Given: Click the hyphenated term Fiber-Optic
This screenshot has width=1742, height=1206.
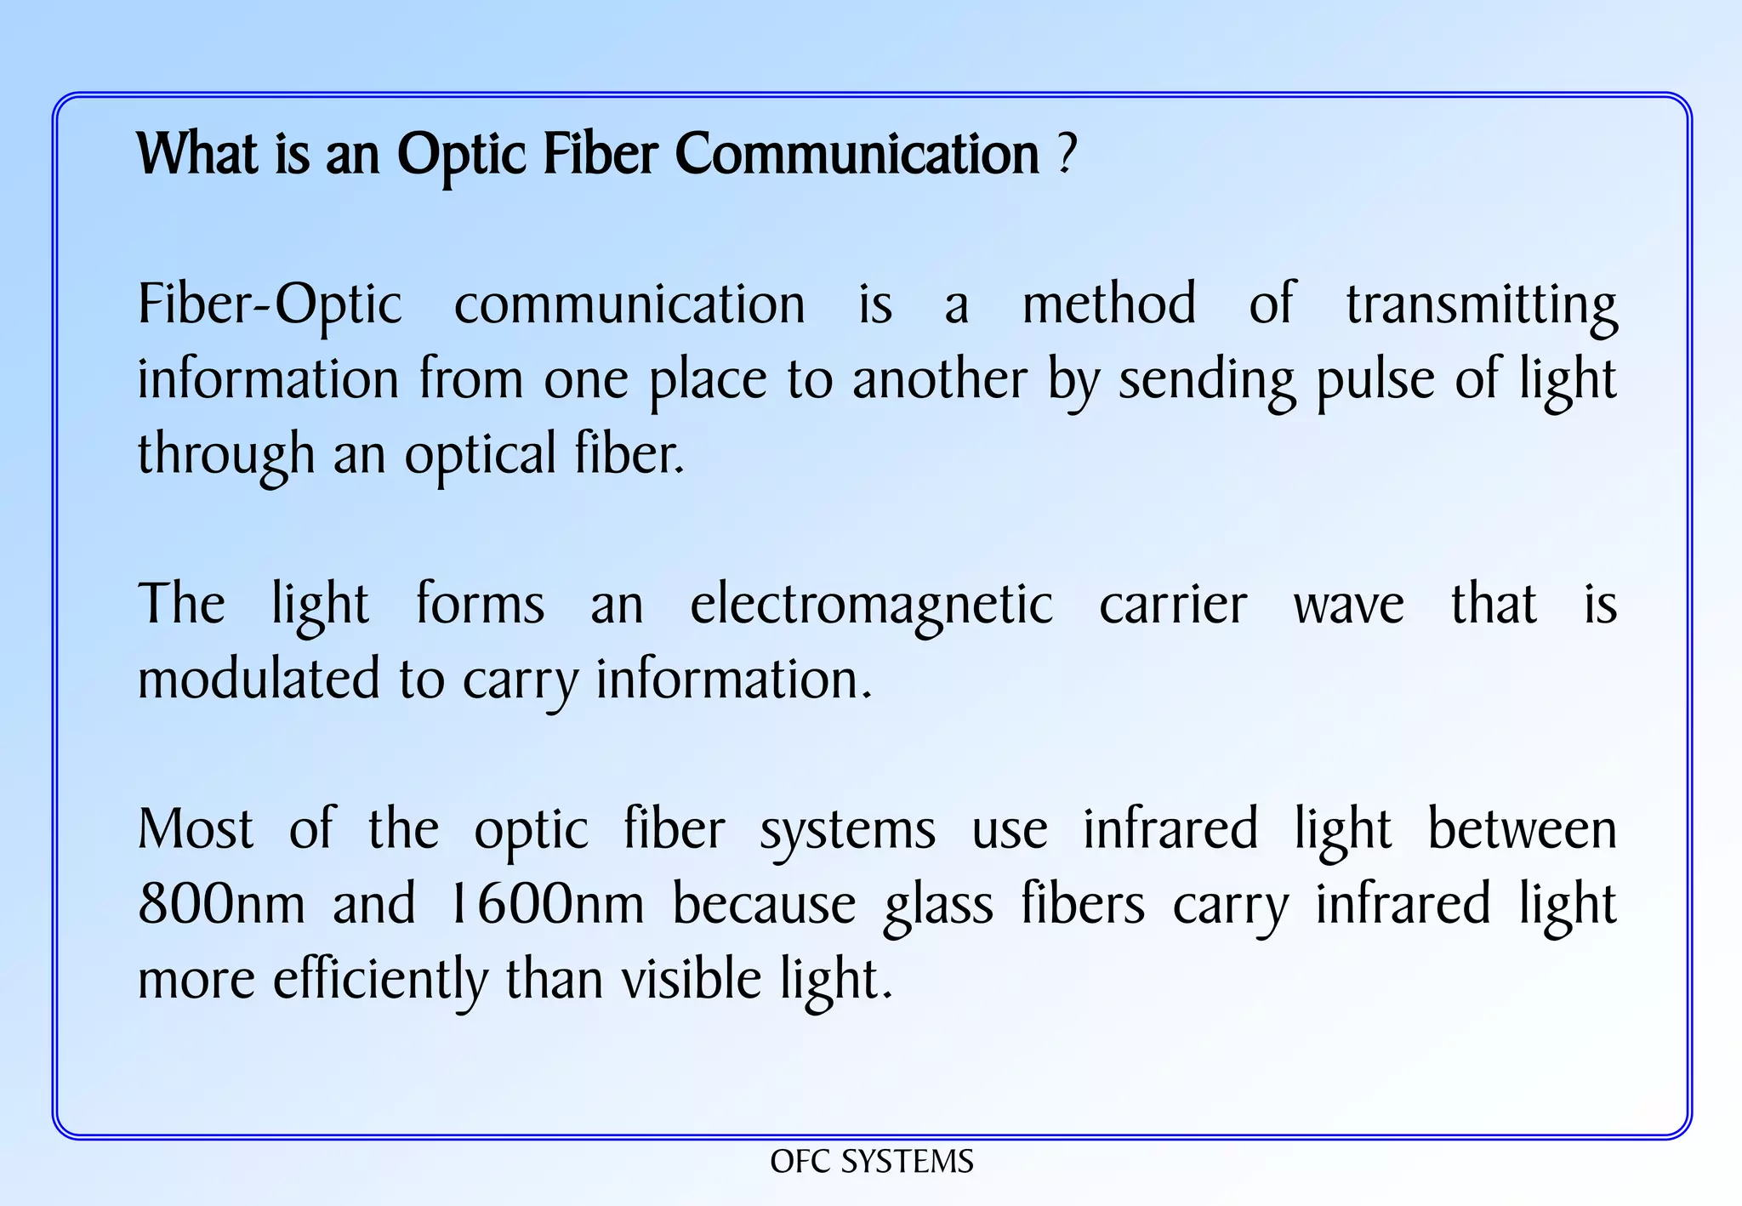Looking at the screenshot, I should (270, 304).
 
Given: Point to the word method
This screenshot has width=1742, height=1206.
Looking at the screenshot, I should (1109, 304).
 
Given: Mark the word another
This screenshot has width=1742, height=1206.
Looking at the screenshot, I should (939, 379).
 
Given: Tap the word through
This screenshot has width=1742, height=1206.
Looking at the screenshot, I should (226, 455).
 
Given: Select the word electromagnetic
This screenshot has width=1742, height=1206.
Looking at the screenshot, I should (871, 606).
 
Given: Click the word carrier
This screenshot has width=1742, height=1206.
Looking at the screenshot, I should (1173, 606).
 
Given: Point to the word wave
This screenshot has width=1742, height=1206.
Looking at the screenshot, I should (1349, 606).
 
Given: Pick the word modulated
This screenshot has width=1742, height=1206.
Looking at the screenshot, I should (259, 680).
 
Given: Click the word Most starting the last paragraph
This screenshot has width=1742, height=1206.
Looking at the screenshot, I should (196, 829).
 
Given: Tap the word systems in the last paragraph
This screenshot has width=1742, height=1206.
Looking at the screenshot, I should (847, 831).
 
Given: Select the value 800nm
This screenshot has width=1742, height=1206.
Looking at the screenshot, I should (221, 904).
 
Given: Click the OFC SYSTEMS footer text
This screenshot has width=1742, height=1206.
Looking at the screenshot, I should (871, 1162).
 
